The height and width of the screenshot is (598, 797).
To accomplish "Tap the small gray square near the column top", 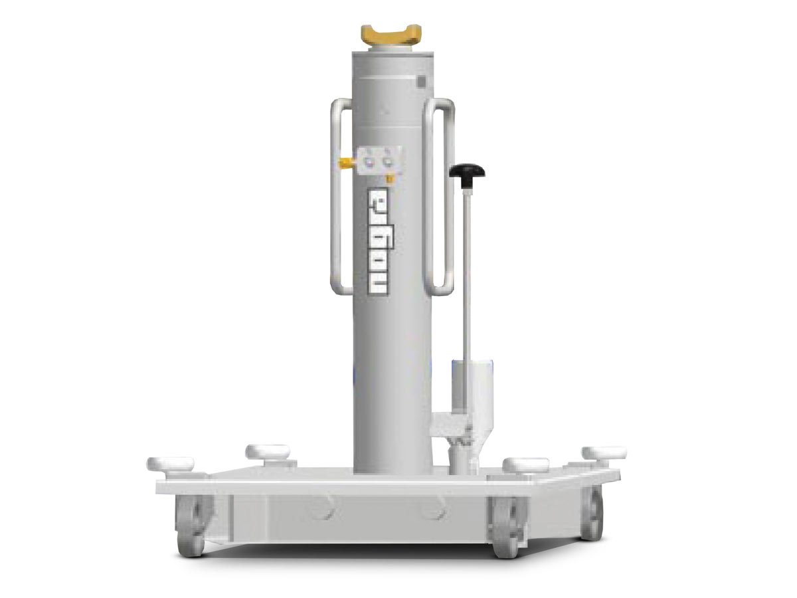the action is click(420, 82).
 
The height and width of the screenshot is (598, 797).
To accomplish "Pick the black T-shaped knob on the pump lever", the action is click(466, 172).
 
